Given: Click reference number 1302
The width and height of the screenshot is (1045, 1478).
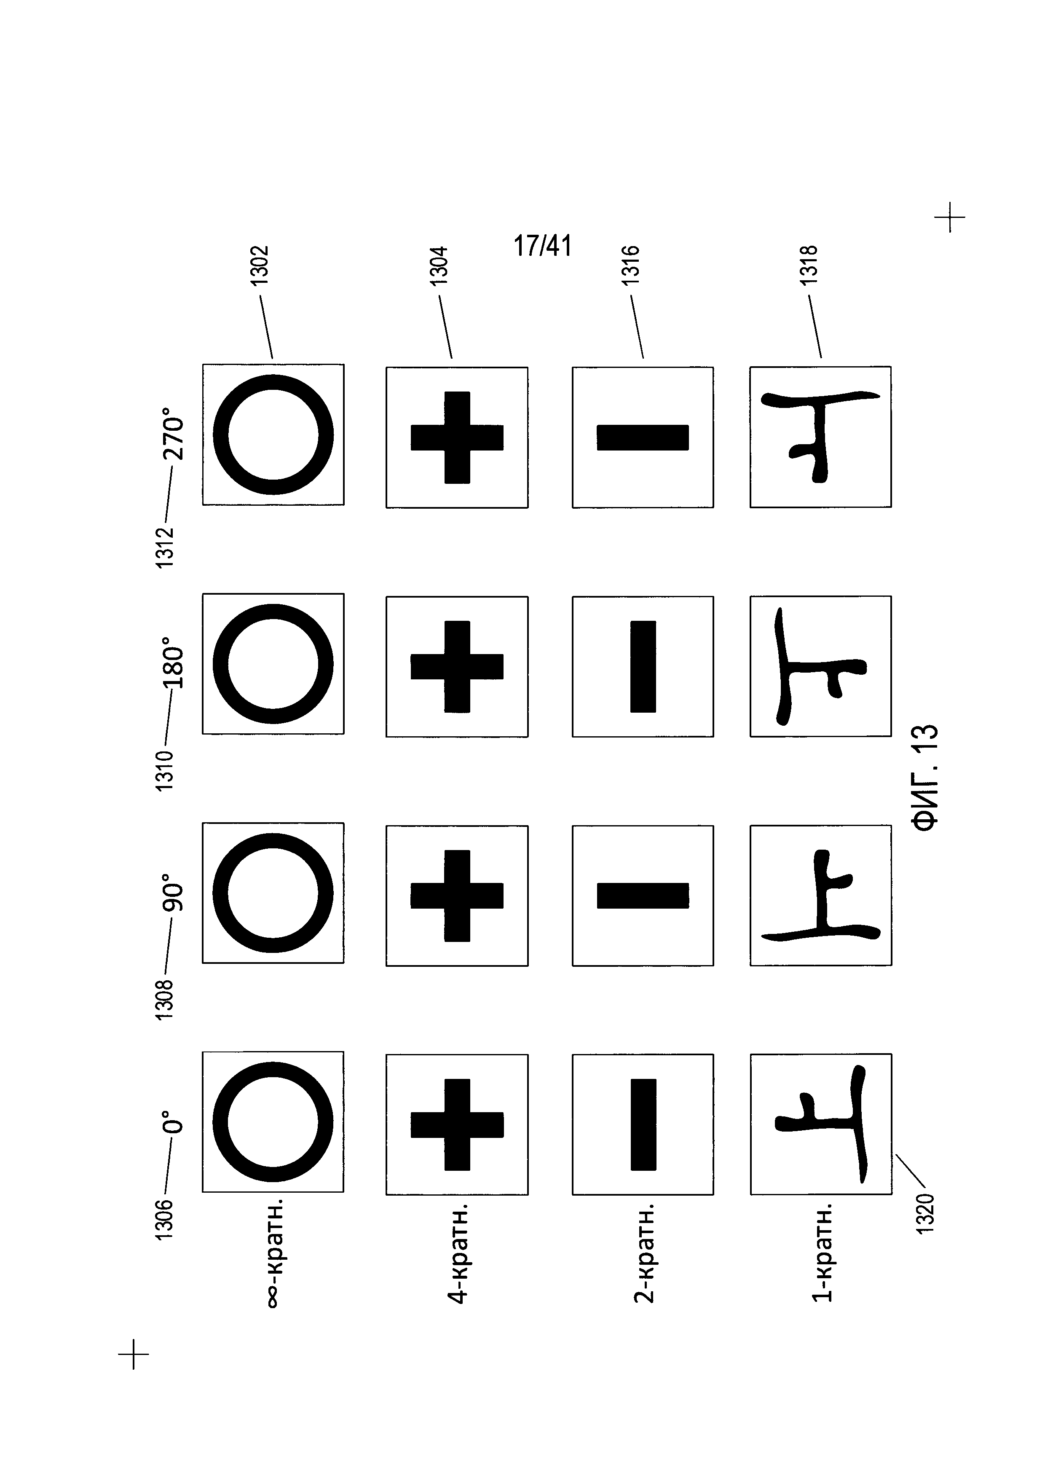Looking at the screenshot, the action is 259,265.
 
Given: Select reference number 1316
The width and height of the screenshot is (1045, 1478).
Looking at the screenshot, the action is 631,265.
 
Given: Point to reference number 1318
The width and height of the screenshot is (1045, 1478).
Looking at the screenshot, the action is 809,265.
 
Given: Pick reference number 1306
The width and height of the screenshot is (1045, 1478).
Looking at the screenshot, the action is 165,1218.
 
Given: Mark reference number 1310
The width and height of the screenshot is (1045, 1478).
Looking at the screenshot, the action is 165,770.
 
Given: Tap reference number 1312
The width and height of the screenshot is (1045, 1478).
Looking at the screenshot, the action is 165,547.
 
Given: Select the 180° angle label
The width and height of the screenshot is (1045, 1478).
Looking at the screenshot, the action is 174,663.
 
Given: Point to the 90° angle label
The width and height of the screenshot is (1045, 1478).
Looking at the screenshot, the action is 174,892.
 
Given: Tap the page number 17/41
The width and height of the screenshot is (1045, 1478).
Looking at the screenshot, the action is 542,246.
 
